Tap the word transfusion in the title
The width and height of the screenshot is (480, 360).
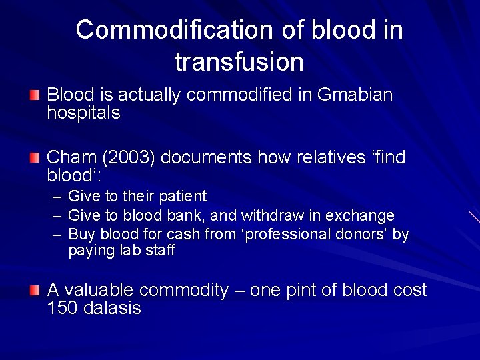(239, 62)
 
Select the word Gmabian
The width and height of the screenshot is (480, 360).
(355, 95)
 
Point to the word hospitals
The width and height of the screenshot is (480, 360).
(83, 113)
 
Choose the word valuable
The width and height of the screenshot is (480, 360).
(99, 291)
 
